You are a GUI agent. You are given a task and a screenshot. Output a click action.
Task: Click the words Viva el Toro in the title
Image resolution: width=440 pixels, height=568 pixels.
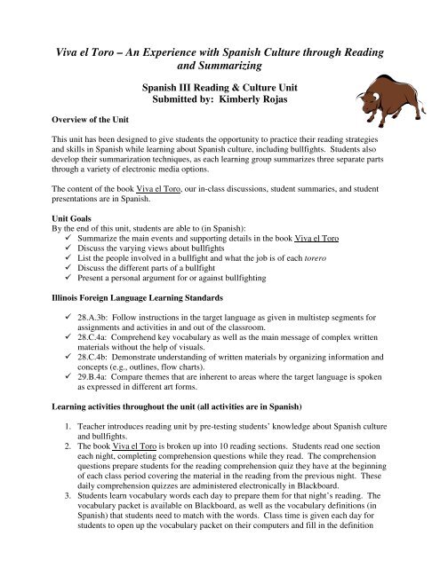pyautogui.click(x=86, y=53)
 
